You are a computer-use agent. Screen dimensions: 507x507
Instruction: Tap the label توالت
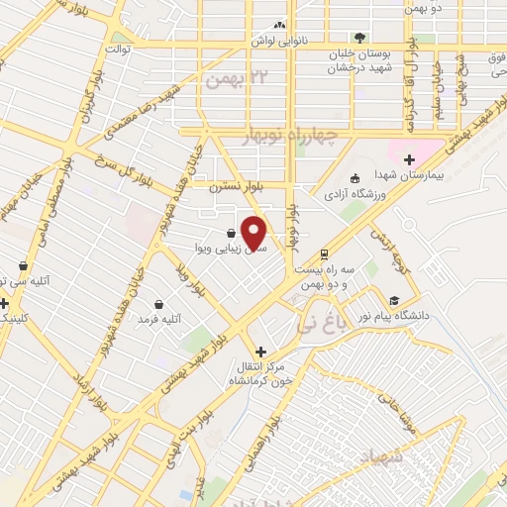pyautogui.click(x=120, y=47)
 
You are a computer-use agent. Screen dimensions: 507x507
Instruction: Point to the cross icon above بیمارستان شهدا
pyautogui.click(x=408, y=159)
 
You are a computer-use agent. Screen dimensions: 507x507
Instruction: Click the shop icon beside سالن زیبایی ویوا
pyautogui.click(x=231, y=234)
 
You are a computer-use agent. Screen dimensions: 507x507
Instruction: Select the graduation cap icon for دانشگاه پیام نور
pyautogui.click(x=394, y=300)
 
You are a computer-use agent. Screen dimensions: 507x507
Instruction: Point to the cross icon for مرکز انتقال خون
pyautogui.click(x=259, y=352)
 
